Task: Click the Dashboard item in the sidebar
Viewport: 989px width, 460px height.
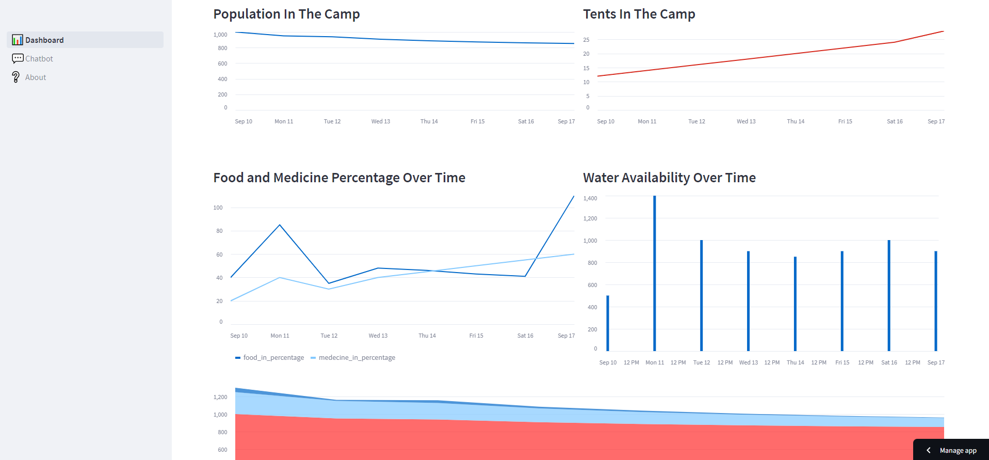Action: tap(44, 40)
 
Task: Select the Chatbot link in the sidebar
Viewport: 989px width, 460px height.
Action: tap(39, 59)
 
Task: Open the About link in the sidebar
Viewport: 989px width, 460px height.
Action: tap(36, 77)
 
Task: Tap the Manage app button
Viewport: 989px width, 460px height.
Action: tap(952, 450)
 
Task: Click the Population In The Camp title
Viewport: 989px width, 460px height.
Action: tap(286, 14)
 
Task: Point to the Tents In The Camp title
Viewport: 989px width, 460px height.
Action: tap(639, 14)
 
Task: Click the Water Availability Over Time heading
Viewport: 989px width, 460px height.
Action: tap(669, 178)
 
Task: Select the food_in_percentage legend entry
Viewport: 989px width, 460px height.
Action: tap(273, 357)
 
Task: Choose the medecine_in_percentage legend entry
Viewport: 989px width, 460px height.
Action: tap(356, 357)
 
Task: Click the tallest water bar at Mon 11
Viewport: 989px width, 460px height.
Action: tap(655, 274)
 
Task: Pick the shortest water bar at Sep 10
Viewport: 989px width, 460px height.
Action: tap(608, 323)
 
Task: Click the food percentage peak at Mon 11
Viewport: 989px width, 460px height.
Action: tap(280, 225)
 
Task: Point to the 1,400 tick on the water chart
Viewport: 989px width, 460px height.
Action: tap(590, 198)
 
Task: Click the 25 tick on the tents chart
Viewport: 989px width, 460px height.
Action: tap(586, 40)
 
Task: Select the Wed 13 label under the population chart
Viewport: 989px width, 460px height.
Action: tap(381, 121)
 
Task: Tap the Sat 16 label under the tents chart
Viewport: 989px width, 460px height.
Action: tap(895, 121)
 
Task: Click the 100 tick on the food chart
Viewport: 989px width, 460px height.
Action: tap(218, 208)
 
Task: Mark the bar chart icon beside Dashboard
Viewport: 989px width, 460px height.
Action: tap(18, 40)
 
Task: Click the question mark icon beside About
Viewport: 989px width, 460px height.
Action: tap(16, 77)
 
